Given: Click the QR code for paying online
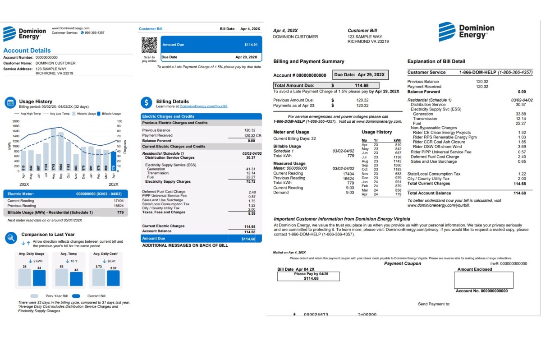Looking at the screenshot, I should click(149, 46).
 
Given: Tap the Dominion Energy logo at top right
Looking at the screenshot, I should click(466, 32).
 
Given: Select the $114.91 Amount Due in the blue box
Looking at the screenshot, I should click(251, 45).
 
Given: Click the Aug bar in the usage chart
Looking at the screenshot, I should click(53, 149).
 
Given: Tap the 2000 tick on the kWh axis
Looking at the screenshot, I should click(16, 121).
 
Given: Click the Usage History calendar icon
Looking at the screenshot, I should click(10, 102).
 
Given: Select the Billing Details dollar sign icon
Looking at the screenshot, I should click(146, 102).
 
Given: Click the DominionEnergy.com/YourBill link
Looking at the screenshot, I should click(204, 106).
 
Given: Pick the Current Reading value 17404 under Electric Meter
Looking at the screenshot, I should click(119, 201).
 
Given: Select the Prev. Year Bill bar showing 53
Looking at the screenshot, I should click(61, 277).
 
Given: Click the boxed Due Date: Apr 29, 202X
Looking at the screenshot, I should click(360, 75).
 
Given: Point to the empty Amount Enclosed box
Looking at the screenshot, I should click(483, 280).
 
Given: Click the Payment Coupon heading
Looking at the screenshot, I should click(402, 263).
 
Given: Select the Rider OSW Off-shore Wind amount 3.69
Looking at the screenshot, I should click(522, 147).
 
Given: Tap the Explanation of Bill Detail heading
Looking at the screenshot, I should click(436, 61).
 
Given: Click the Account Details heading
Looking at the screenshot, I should click(27, 51).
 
